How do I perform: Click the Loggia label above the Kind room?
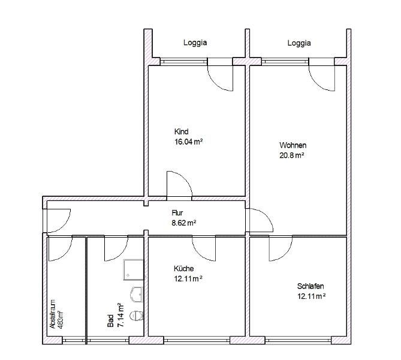[195, 43]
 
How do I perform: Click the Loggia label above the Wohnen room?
[299, 43]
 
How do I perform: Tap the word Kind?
[182, 132]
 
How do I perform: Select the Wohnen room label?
[293, 145]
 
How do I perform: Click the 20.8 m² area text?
[292, 155]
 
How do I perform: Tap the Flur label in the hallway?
[177, 212]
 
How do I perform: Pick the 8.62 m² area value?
[184, 222]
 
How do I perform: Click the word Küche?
[184, 268]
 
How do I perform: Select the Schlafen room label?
[310, 286]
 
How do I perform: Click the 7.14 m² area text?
[120, 316]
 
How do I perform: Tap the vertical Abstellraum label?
[53, 314]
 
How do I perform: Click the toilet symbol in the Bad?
[138, 314]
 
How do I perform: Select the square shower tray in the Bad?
[134, 270]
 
